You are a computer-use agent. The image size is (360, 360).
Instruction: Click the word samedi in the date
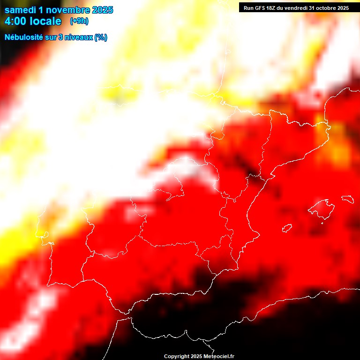[x=20, y=10]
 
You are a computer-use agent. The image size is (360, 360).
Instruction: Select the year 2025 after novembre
[x=102, y=10]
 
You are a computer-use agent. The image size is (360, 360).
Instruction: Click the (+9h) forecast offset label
[x=79, y=21]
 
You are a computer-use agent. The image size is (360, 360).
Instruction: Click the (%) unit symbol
[x=101, y=37]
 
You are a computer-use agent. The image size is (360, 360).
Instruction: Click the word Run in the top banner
[x=248, y=8]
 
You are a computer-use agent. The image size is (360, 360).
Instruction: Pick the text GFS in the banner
[x=260, y=8]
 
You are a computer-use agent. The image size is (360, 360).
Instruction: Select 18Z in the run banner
[x=271, y=8]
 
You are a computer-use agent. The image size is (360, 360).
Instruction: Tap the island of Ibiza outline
[x=287, y=229]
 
